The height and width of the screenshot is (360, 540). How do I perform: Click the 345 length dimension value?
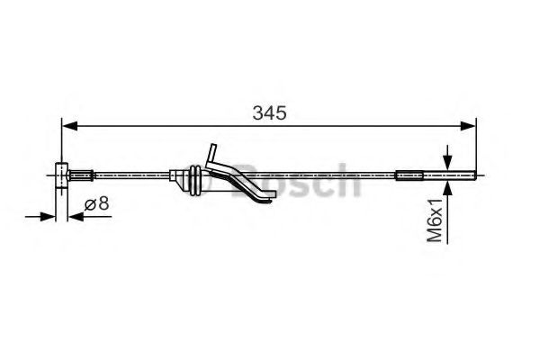269,114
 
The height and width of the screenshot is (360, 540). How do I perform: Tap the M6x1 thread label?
436,220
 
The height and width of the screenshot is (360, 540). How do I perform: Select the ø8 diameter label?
97,204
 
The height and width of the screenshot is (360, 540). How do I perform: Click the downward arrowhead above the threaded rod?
447,159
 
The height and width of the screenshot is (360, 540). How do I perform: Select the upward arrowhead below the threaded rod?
447,184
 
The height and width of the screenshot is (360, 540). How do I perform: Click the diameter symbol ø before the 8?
90,204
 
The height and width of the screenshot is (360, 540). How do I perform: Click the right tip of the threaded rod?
474,173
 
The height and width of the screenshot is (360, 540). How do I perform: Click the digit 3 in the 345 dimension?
257,114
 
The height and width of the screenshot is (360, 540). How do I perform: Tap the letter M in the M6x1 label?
436,235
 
